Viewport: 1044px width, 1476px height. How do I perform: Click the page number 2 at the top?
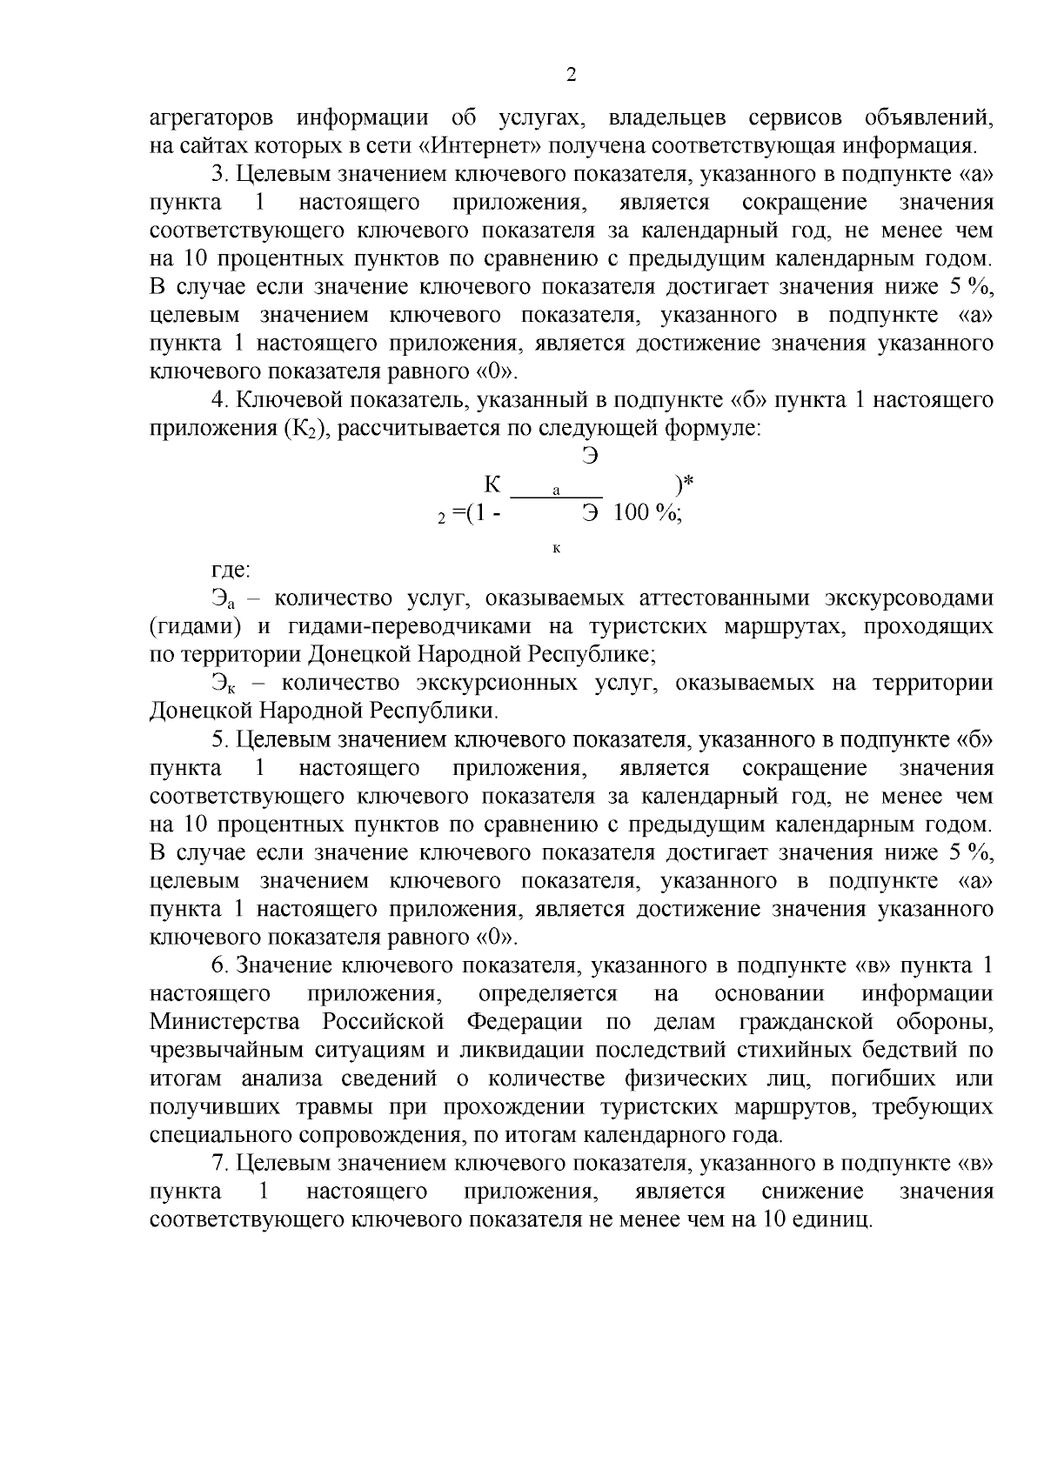pos(571,75)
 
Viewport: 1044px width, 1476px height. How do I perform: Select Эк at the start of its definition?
pos(223,684)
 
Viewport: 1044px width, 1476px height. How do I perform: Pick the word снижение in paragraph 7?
pos(812,1192)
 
